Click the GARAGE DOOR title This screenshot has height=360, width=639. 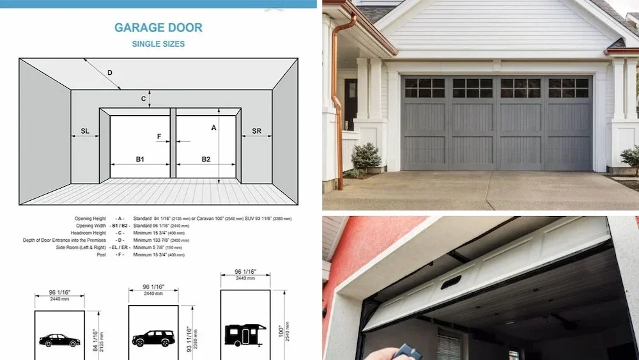pos(158,27)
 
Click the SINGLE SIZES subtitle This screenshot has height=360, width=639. pos(158,44)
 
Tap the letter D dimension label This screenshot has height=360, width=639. pos(110,73)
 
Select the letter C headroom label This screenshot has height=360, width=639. pos(144,98)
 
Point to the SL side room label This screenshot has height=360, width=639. pos(85,131)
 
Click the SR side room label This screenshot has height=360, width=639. pos(256,131)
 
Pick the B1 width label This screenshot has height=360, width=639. pos(140,159)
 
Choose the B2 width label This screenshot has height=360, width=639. pos(206,159)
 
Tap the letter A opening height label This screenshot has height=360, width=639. pos(213,128)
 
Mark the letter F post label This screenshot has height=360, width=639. pos(159,136)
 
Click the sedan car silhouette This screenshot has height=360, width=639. pos(59,340)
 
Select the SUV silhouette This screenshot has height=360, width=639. pos(153,338)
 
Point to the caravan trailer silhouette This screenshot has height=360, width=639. pos(245,334)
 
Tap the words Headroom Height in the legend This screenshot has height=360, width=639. pos(91,233)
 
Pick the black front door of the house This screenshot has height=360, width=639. pos(351,102)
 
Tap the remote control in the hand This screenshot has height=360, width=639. pos(405,352)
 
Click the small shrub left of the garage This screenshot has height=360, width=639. pos(366,157)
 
